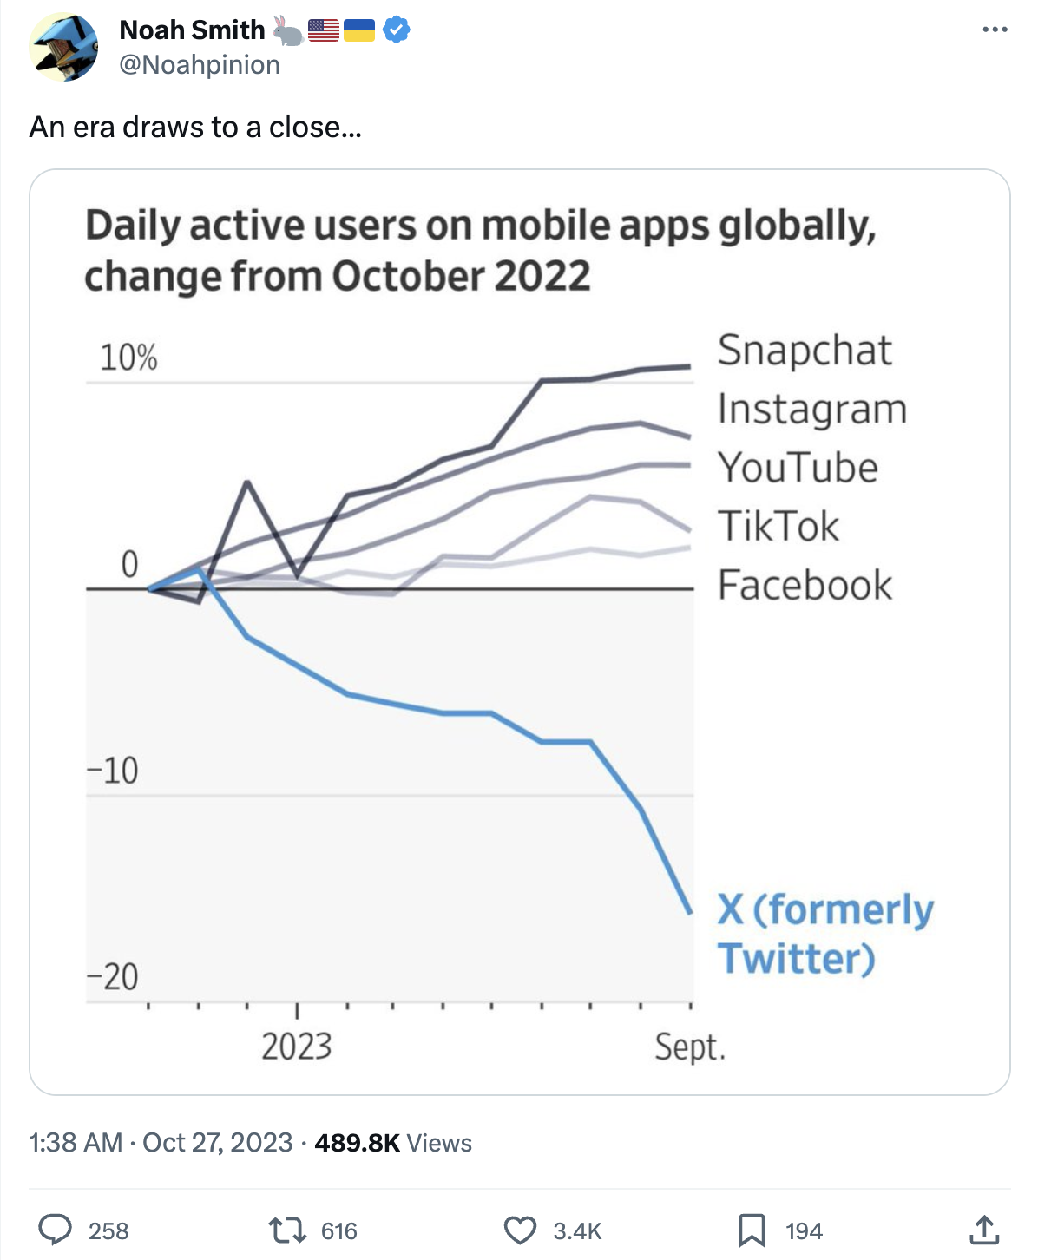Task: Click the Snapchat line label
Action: (x=805, y=351)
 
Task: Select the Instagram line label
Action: (x=812, y=409)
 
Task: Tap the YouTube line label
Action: (x=798, y=468)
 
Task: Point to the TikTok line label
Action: (x=778, y=526)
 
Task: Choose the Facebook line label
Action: (x=805, y=585)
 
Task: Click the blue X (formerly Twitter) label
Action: (x=824, y=934)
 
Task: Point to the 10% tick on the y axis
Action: (x=128, y=358)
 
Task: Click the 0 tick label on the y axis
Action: (x=129, y=565)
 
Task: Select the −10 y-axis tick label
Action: (x=113, y=771)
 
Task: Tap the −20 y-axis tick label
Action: (x=113, y=977)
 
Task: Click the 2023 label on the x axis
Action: (x=297, y=1047)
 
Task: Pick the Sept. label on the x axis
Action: (x=690, y=1047)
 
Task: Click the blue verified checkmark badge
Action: (x=397, y=30)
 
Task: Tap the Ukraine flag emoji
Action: (x=359, y=31)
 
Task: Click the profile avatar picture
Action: (x=63, y=47)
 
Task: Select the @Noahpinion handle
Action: (x=200, y=65)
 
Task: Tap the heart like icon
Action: (x=520, y=1230)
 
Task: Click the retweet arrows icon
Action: (x=287, y=1230)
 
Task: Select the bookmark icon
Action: (x=752, y=1230)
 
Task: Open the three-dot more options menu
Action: (x=995, y=30)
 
